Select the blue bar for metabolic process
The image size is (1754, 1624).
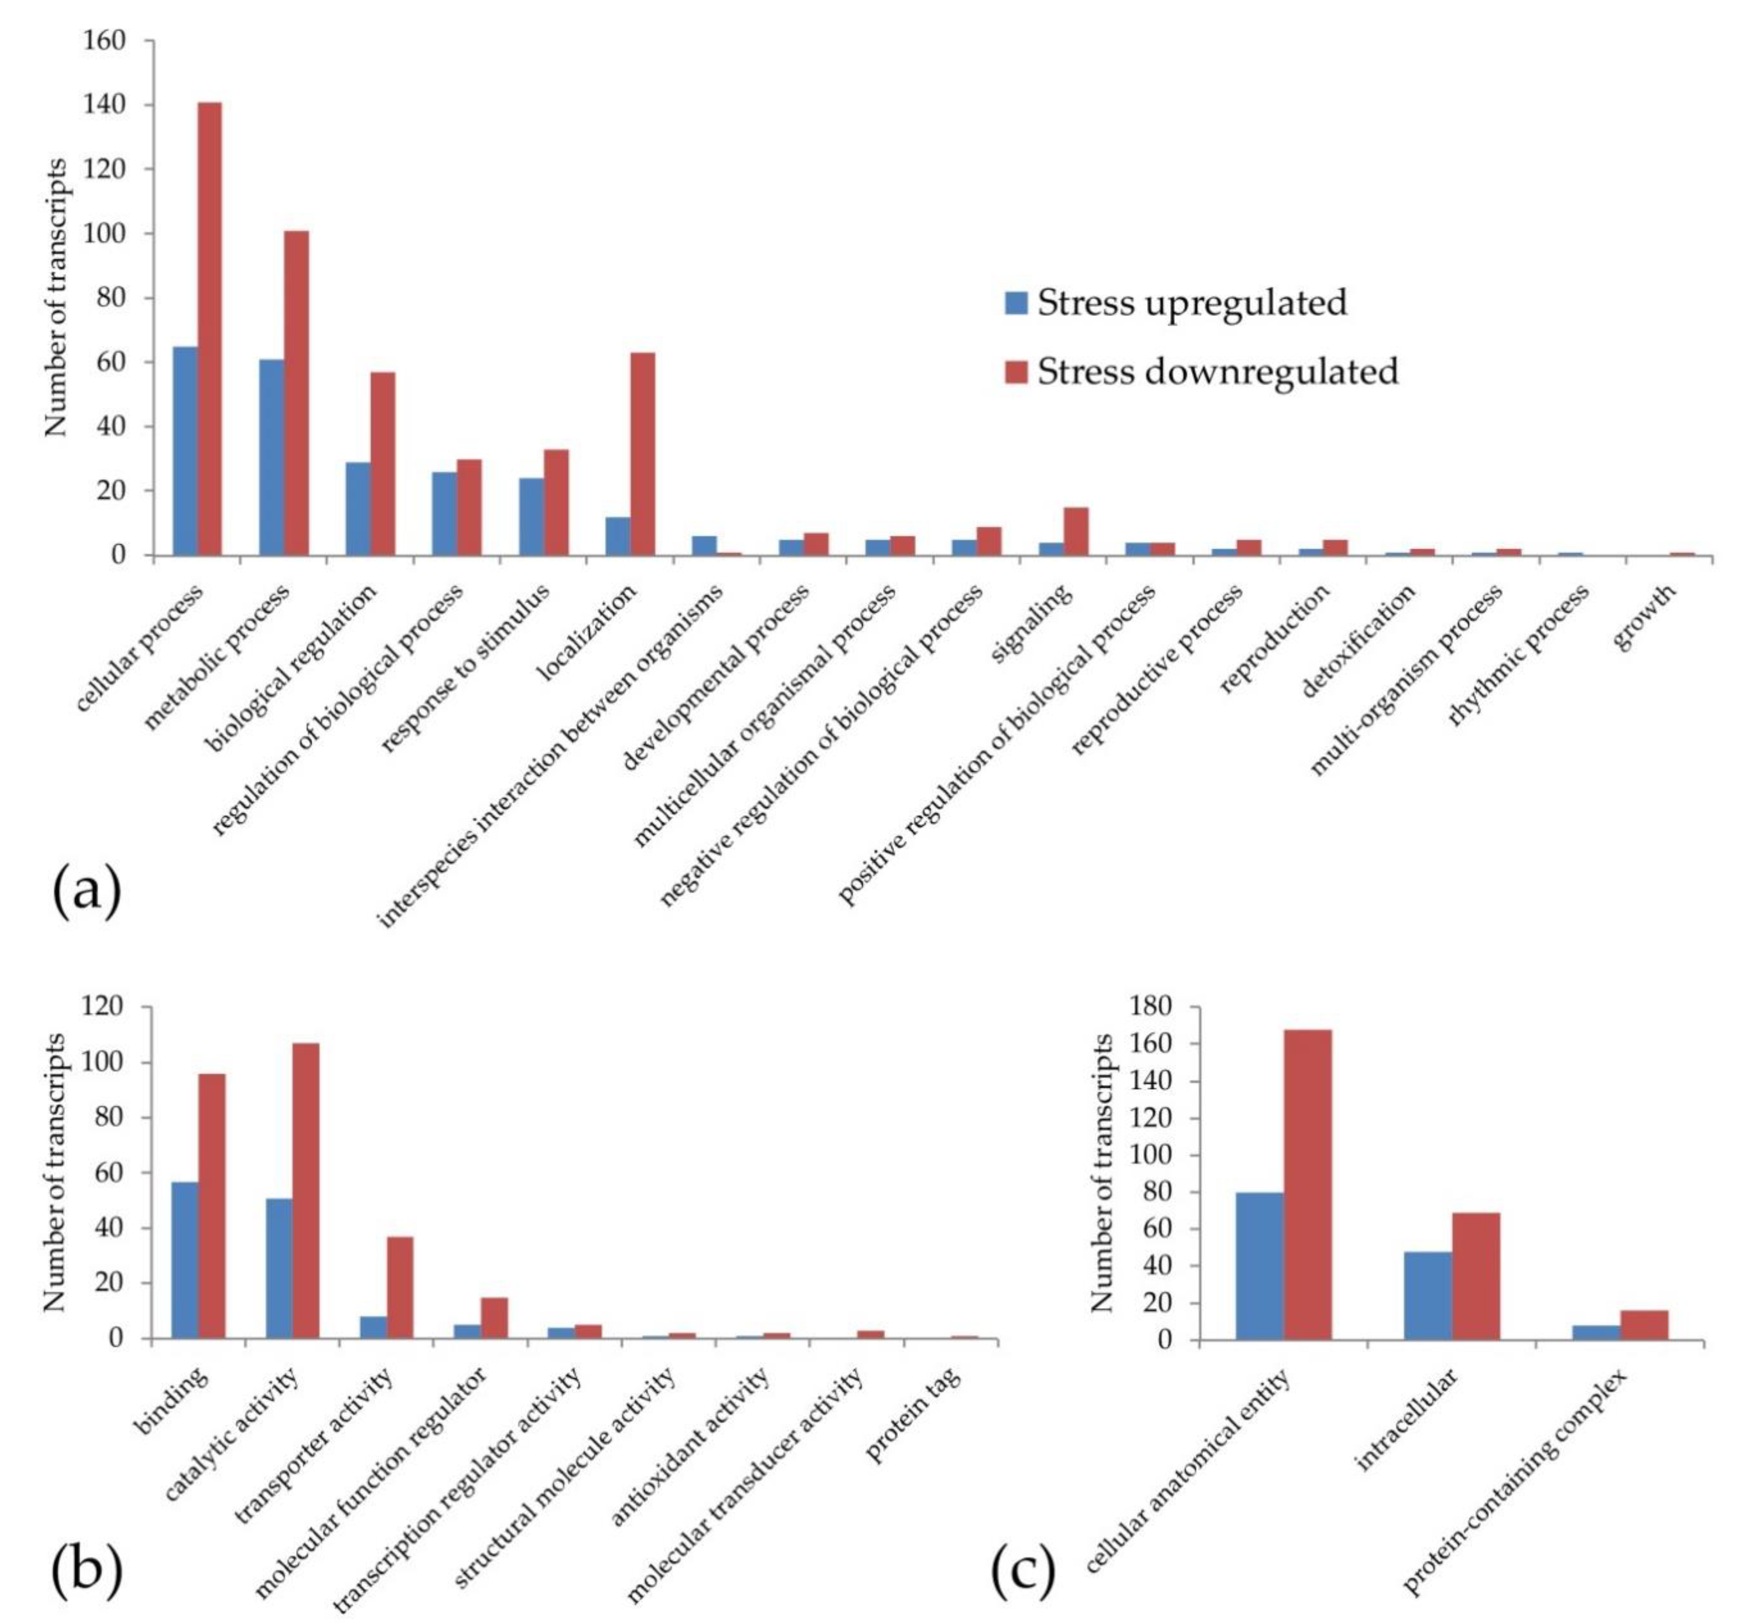pyautogui.click(x=272, y=457)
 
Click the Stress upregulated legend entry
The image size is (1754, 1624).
pyautogui.click(x=1176, y=302)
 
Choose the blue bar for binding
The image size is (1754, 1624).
pyautogui.click(x=185, y=1259)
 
